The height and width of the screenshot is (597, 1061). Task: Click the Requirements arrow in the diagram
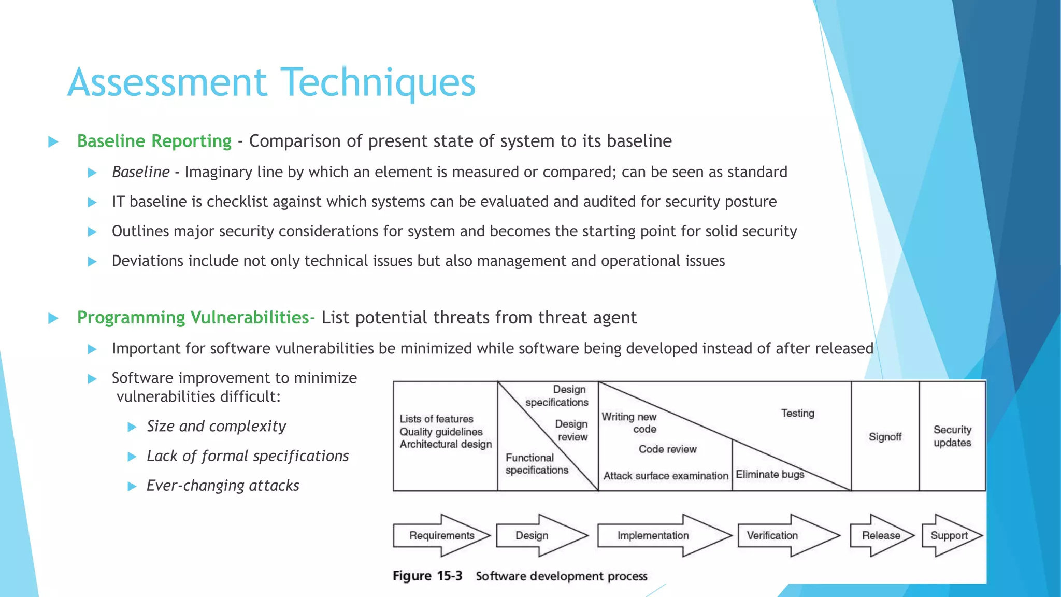pos(441,535)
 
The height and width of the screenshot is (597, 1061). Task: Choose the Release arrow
pos(881,535)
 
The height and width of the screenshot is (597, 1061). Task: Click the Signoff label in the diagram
pos(885,437)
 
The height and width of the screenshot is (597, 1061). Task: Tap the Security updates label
pos(952,436)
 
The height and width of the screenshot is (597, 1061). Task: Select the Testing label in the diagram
pos(797,413)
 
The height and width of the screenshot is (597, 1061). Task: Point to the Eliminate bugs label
pos(770,474)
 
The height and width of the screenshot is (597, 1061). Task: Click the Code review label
pos(667,449)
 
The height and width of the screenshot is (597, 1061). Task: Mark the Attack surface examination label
pos(666,476)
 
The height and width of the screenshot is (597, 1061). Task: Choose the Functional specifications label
pos(537,464)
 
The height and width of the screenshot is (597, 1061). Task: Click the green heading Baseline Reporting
pos(154,141)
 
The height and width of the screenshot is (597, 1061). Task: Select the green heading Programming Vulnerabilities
pos(193,317)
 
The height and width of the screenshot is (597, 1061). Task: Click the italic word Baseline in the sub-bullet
pos(141,172)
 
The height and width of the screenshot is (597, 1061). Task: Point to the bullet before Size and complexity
pos(132,427)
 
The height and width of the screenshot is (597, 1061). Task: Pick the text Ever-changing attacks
pos(223,486)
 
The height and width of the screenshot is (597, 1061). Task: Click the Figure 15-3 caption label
pos(427,576)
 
